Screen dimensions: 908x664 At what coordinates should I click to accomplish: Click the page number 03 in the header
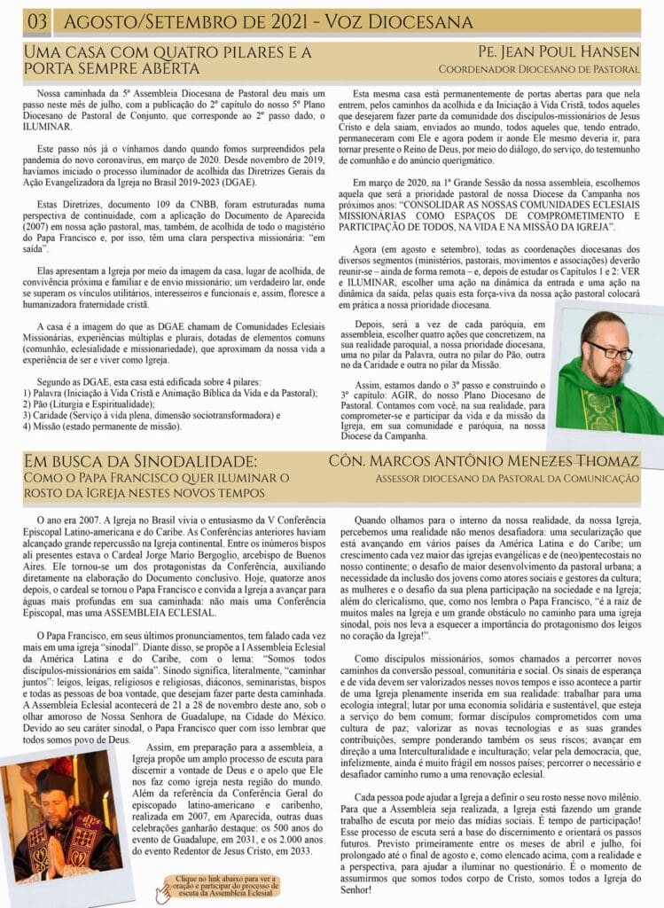(39, 21)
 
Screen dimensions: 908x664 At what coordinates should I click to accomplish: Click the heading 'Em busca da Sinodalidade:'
(141, 461)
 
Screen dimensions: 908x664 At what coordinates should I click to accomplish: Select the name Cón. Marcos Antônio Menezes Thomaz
(483, 461)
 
